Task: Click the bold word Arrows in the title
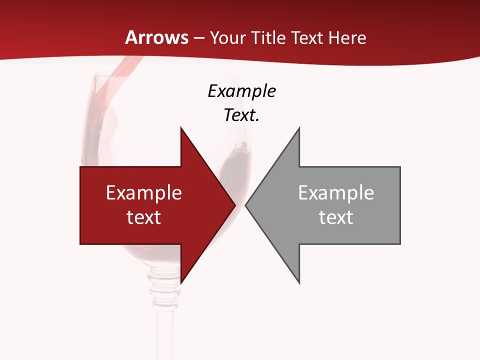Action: [x=156, y=37]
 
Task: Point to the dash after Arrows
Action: [x=198, y=38]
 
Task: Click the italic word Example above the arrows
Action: [x=241, y=91]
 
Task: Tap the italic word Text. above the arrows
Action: [x=241, y=115]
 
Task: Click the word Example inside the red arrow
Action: [x=144, y=193]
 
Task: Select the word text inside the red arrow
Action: [x=144, y=217]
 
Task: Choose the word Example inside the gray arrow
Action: [x=336, y=193]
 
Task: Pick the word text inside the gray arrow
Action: [x=336, y=217]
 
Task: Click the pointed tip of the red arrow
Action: [x=234, y=205]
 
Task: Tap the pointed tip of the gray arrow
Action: [x=246, y=205]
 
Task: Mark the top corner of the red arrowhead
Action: [x=181, y=128]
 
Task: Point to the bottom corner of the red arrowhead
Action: [x=181, y=283]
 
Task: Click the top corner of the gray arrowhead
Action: [x=299, y=128]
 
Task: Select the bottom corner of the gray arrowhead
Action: [x=299, y=283]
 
